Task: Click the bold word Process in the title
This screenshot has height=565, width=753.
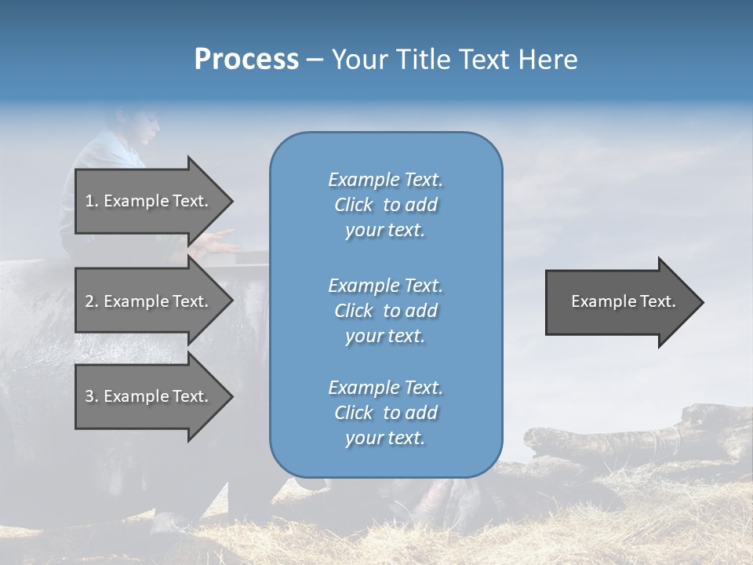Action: coord(246,60)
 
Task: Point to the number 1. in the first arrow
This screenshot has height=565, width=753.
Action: coord(92,201)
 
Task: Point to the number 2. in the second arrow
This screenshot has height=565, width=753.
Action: coord(92,301)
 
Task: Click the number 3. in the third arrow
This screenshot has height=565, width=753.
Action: coord(92,396)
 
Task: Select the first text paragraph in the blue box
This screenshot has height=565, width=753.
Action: coord(385,205)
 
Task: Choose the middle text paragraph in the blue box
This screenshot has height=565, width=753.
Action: coord(385,311)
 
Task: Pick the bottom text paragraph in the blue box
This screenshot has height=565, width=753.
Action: coord(385,413)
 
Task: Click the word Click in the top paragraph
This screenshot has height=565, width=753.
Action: coord(354,205)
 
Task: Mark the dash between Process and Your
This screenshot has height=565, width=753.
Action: coord(315,60)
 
